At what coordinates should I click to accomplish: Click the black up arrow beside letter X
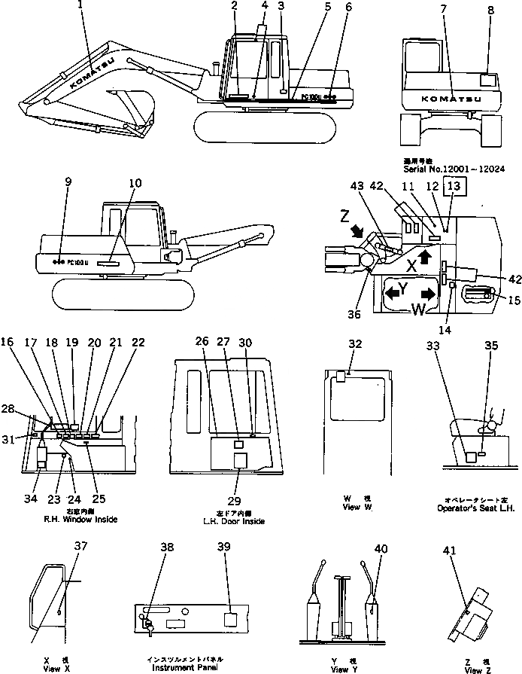pos(426,256)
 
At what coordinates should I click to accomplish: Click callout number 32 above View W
pos(355,344)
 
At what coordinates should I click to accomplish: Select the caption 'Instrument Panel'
pos(183,667)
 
